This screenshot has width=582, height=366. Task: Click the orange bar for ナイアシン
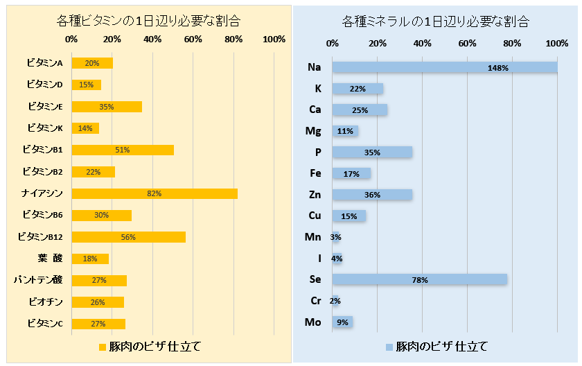pos(154,193)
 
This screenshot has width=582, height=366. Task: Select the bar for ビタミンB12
pos(128,237)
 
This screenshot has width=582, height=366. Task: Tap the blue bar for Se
pos(419,279)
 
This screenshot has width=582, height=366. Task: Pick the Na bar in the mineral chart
pos(445,67)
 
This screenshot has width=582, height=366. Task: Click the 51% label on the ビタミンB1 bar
pos(123,150)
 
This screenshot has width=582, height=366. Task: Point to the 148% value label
pos(497,68)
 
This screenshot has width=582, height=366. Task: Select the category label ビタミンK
pos(45,128)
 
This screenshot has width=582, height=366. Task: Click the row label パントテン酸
pos(39,280)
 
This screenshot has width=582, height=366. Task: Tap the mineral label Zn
pos(315,195)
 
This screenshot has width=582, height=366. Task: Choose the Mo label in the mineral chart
pos(313,322)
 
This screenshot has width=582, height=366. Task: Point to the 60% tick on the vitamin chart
pos(193,40)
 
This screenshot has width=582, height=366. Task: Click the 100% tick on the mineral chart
pos(557,44)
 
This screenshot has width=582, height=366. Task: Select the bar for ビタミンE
pos(107,107)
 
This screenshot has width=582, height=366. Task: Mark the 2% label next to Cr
pos(335,301)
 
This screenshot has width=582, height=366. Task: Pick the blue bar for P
pos(372,152)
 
